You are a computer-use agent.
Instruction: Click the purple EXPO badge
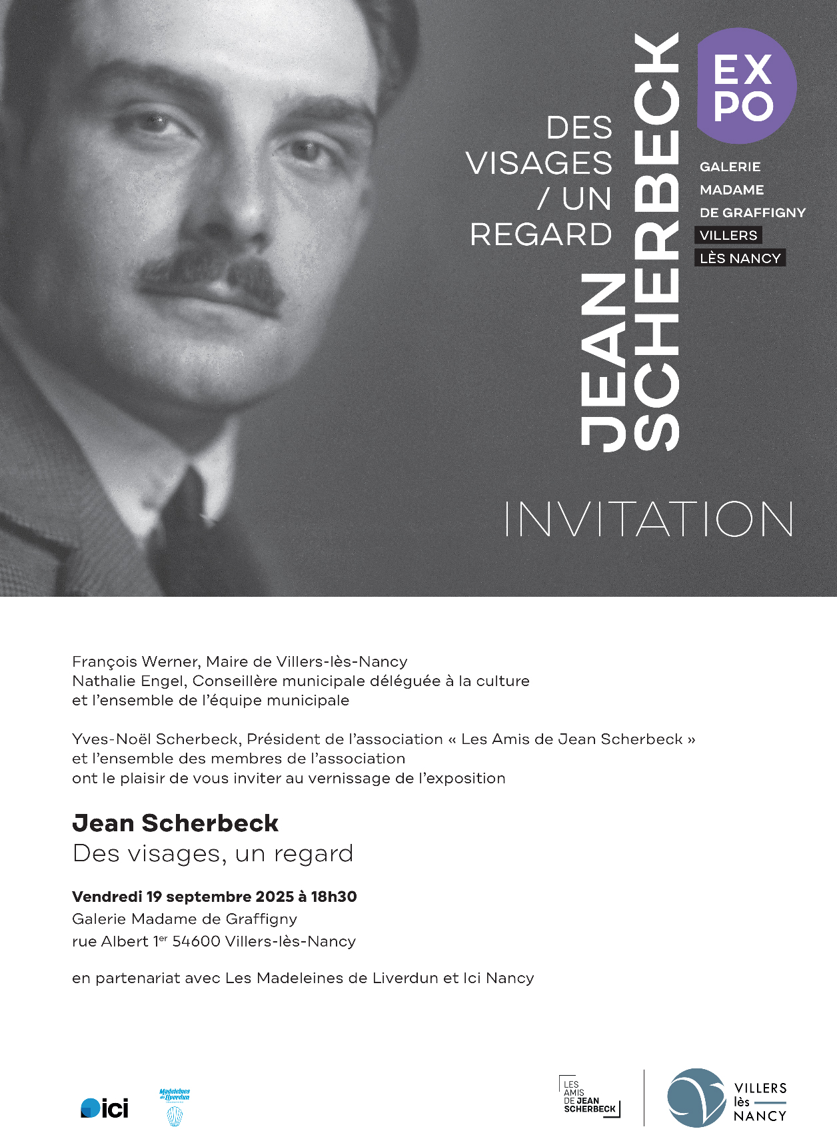(746, 86)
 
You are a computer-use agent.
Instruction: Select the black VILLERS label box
(728, 235)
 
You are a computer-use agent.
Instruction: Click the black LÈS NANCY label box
(740, 258)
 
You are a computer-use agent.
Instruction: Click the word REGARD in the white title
(540, 234)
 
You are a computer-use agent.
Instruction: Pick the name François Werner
(135, 662)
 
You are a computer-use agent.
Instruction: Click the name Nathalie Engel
(130, 681)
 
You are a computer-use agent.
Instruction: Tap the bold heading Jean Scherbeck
(175, 823)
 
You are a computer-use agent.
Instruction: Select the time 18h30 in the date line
(334, 897)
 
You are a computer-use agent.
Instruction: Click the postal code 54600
(197, 942)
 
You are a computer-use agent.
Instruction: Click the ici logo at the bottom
(105, 1108)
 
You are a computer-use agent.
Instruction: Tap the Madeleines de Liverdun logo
(175, 1107)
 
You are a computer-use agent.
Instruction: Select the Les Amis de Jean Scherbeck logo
(590, 1097)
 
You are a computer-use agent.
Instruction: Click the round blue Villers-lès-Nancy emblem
(696, 1098)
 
